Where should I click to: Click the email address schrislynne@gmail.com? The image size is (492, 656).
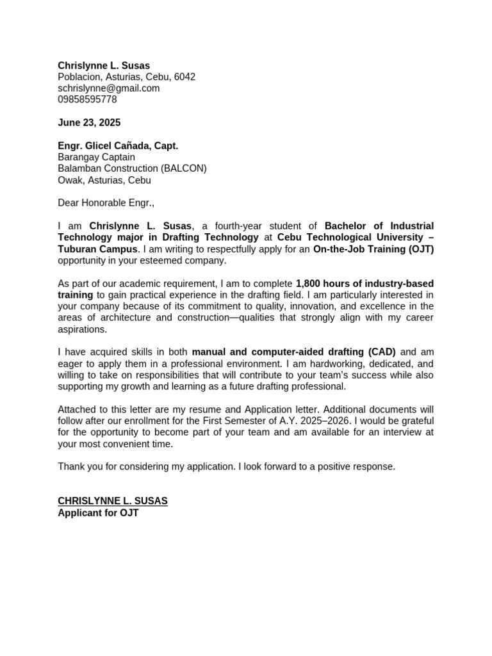pos(108,88)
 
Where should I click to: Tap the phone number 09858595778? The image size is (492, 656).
pos(87,100)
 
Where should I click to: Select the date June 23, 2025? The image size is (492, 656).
pos(89,123)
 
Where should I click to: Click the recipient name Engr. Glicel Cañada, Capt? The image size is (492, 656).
pos(118,146)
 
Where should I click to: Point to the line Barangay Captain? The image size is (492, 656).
pos(96,158)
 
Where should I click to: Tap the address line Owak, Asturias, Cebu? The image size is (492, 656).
pos(104,181)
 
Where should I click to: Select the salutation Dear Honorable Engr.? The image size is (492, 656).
pos(106,204)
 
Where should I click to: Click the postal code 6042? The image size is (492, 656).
pos(184,77)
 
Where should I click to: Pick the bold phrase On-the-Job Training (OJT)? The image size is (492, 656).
pos(373,249)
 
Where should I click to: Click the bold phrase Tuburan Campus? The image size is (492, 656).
pos(97,249)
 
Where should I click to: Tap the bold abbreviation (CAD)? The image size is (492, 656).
pos(382,352)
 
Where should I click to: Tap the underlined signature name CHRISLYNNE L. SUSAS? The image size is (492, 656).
pos(113,501)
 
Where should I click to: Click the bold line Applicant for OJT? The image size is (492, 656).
pos(98,512)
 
